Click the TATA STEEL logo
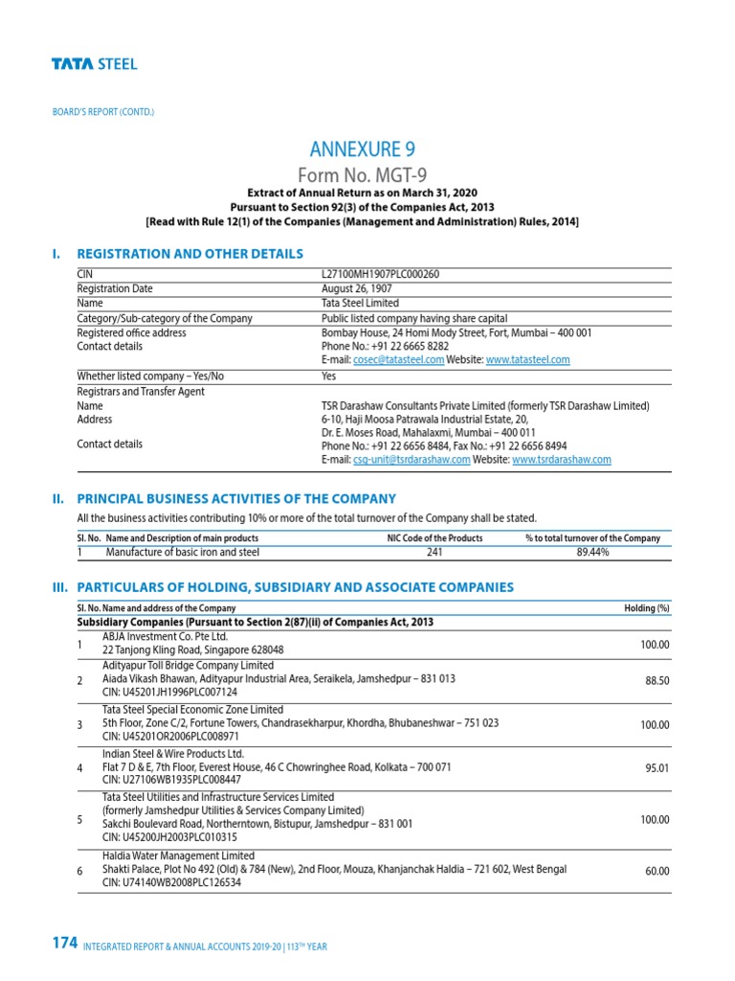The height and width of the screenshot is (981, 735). tap(94, 64)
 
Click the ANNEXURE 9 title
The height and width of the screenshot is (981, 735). tap(363, 148)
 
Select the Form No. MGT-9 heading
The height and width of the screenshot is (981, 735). tap(363, 174)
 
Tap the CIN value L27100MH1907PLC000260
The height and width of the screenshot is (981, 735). tap(380, 274)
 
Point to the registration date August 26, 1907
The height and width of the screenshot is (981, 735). tap(356, 288)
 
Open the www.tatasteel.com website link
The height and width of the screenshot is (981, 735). tap(527, 359)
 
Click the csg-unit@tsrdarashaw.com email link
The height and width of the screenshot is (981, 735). tap(412, 460)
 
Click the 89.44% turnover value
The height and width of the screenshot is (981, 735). tap(592, 552)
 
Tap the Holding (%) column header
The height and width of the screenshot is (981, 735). tap(646, 608)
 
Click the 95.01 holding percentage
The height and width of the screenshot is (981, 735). tap(657, 768)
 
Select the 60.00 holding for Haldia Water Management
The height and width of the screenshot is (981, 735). tap(657, 871)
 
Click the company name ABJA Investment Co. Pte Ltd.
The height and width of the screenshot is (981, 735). tap(166, 635)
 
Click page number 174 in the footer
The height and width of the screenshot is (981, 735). tap(64, 944)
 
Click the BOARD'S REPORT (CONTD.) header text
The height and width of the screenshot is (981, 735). tap(102, 112)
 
